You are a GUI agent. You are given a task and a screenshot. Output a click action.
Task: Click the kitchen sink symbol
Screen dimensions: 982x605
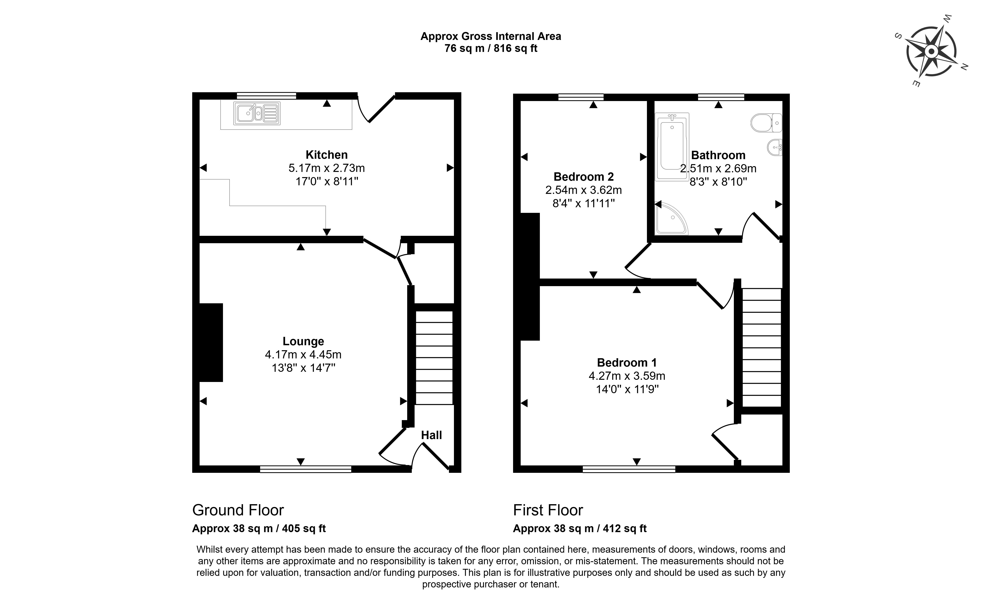(x=257, y=114)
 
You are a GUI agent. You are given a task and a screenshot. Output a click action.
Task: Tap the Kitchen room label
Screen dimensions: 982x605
(x=327, y=155)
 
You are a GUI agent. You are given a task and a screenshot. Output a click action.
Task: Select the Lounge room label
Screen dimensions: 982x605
(x=303, y=341)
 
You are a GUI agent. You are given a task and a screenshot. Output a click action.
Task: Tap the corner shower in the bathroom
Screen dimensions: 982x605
(x=671, y=218)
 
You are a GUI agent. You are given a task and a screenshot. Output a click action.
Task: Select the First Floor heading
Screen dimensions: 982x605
(x=548, y=510)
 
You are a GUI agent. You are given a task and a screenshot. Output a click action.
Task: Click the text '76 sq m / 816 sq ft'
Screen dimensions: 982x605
(x=491, y=48)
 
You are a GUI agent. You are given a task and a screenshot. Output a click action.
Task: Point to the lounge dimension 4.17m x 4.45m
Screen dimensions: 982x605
(x=303, y=355)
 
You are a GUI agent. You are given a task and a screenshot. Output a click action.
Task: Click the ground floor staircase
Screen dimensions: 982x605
(x=434, y=358)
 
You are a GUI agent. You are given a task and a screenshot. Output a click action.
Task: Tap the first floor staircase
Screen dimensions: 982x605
(x=762, y=347)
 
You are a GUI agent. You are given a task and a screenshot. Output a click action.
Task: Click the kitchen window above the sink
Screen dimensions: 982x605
(x=266, y=96)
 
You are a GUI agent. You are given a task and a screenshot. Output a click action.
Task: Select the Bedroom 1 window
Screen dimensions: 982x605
(x=629, y=469)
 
